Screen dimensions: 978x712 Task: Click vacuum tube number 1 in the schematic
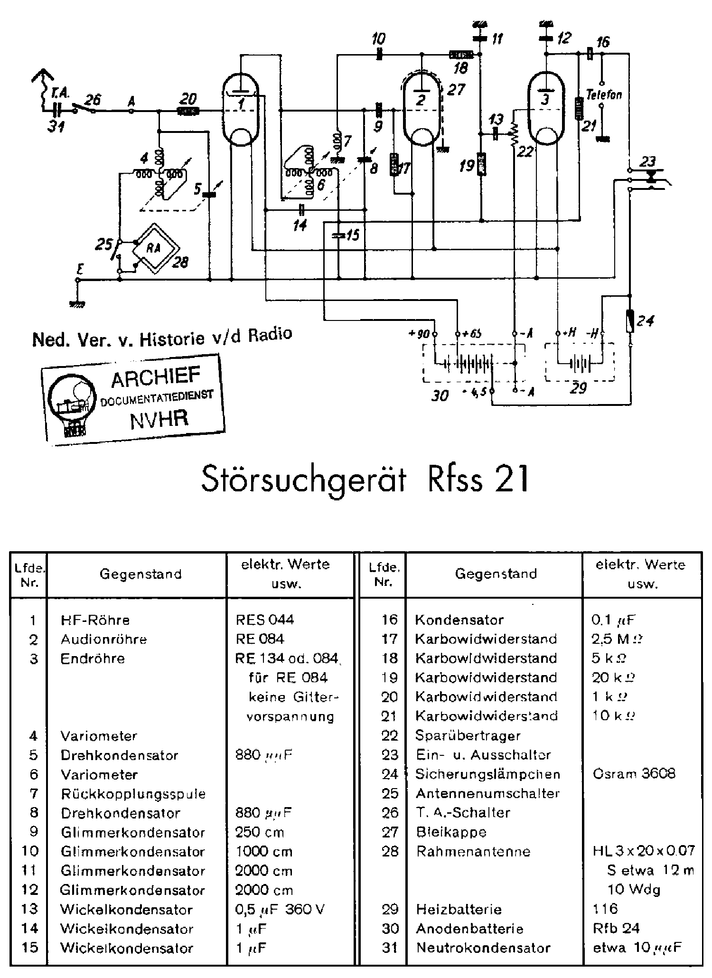pyautogui.click(x=241, y=111)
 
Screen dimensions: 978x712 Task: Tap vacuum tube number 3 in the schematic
pyautogui.click(x=546, y=109)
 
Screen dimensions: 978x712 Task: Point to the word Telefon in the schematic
pyautogui.click(x=604, y=94)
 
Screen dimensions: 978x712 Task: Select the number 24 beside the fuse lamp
pyautogui.click(x=646, y=321)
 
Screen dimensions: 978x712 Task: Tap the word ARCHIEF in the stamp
pyautogui.click(x=155, y=378)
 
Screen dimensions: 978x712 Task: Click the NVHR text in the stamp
pyautogui.click(x=159, y=419)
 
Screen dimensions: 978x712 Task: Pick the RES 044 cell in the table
pyautogui.click(x=265, y=620)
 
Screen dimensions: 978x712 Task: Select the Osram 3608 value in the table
pyautogui.click(x=634, y=774)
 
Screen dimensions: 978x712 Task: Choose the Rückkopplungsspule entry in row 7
pyautogui.click(x=133, y=793)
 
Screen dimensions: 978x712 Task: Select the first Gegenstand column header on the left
pyautogui.click(x=141, y=574)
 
